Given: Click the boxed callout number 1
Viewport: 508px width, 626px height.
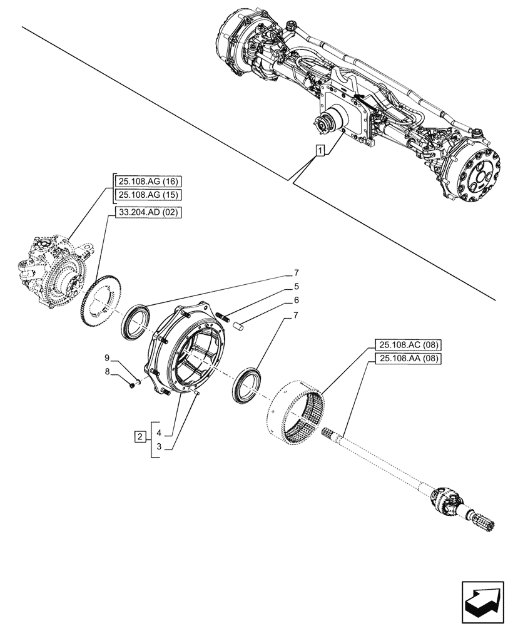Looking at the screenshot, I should click(320, 151).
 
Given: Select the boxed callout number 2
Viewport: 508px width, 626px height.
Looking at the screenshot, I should click(141, 436).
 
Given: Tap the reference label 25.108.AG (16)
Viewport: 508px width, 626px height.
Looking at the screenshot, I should click(147, 182).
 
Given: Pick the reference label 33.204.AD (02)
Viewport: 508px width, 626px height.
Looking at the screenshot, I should click(147, 213).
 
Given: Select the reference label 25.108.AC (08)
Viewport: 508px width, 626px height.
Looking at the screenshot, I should click(409, 344).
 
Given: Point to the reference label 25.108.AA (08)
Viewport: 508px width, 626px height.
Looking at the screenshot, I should click(409, 359).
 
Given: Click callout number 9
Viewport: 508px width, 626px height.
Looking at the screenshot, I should click(107, 358).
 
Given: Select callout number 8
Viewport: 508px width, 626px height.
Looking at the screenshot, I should click(107, 371).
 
